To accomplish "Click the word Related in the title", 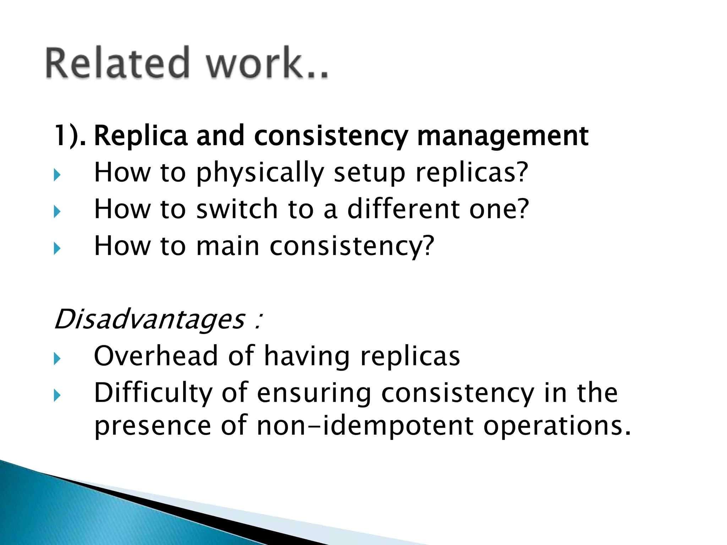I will pyautogui.click(x=117, y=63).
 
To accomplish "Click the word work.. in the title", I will pyautogui.click(x=267, y=63).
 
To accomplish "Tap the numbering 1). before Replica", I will pyautogui.click(x=70, y=136).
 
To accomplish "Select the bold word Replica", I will pyautogui.click(x=140, y=136).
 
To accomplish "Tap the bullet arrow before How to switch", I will pyautogui.click(x=57, y=212).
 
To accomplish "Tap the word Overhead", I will pyautogui.click(x=155, y=356).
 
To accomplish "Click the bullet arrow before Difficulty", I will pyautogui.click(x=57, y=395).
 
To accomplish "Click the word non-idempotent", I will pyautogui.click(x=365, y=426).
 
